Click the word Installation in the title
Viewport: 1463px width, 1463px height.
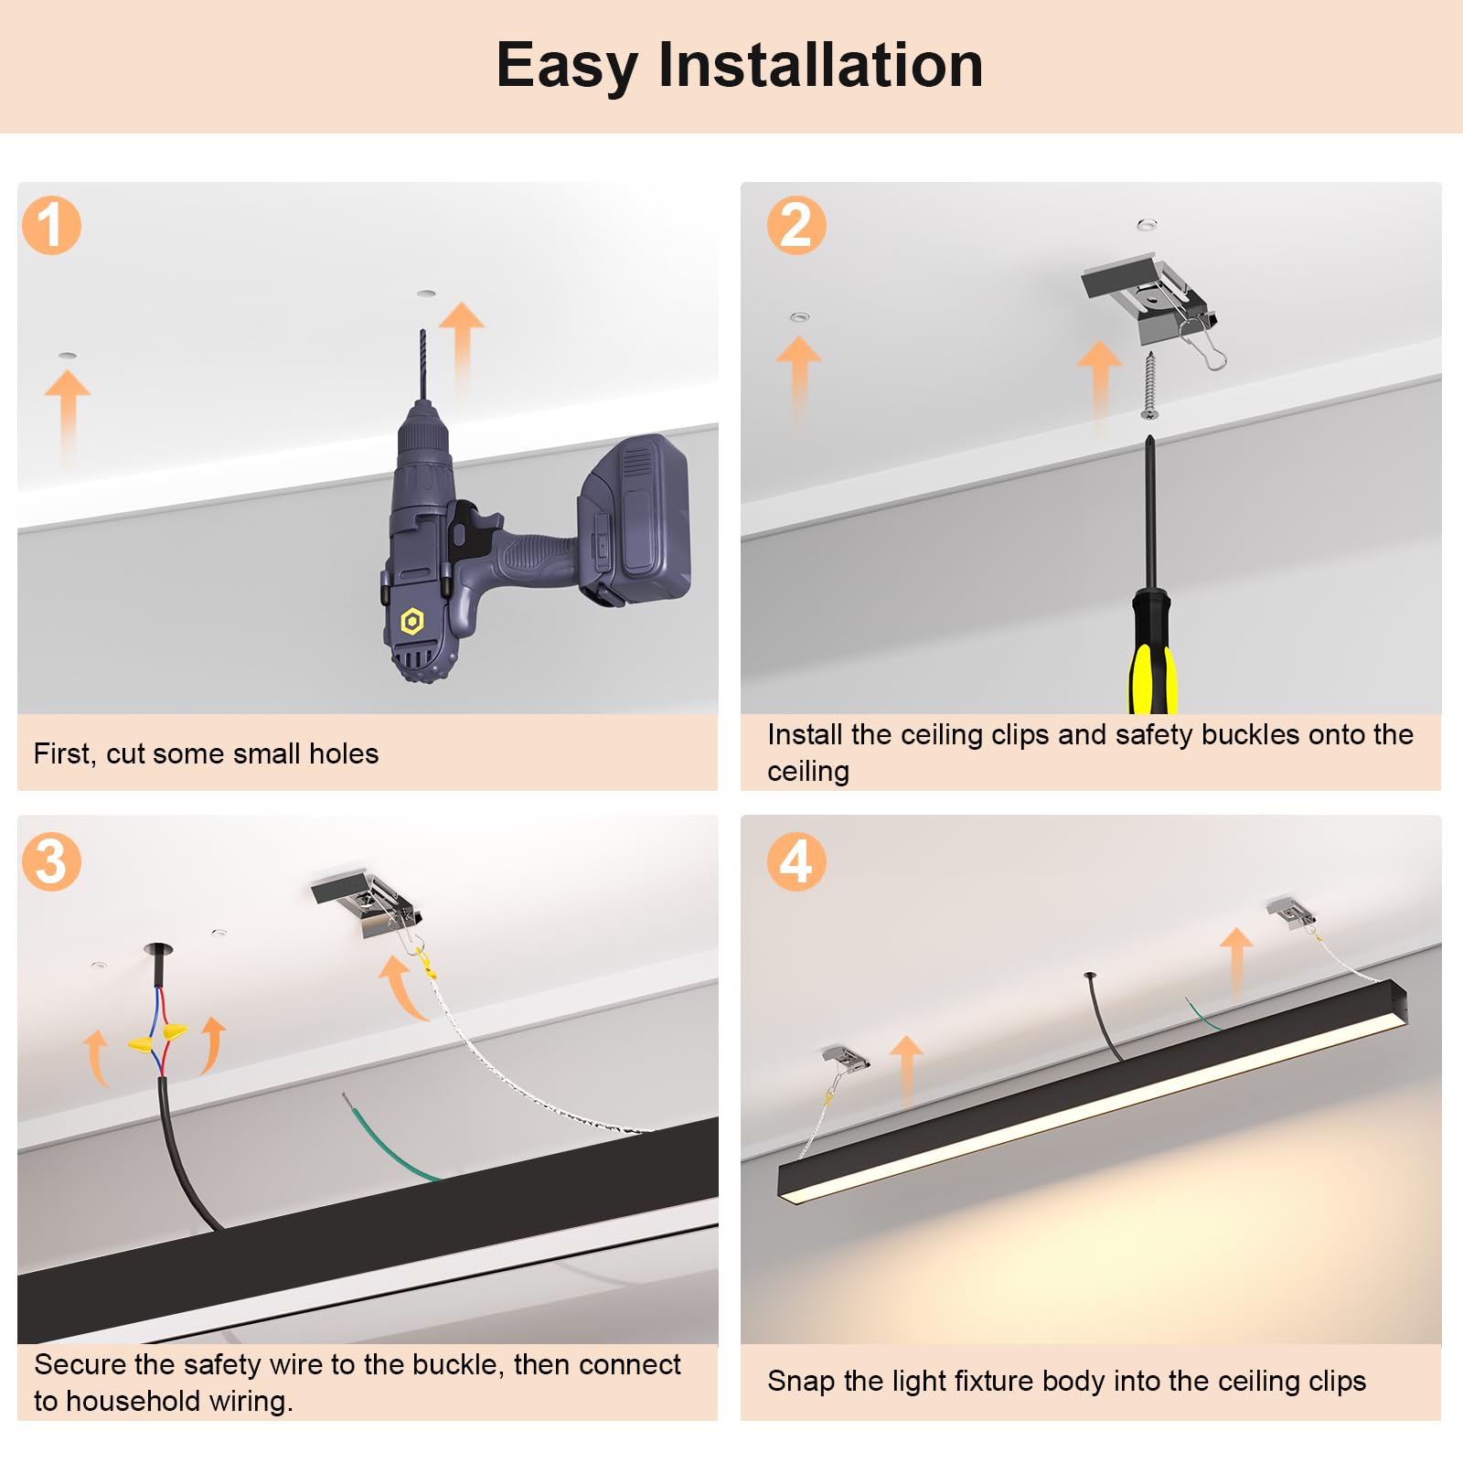(820, 65)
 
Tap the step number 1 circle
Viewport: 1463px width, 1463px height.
(52, 225)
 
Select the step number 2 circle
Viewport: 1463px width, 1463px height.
(796, 225)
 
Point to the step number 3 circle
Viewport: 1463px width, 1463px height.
(52, 861)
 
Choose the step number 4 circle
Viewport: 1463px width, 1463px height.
(796, 861)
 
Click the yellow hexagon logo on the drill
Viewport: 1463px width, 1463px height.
(412, 622)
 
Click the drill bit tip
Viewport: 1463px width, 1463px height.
(422, 335)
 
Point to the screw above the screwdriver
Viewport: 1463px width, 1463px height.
(1150, 384)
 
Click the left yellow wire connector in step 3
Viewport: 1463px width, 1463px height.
(141, 1043)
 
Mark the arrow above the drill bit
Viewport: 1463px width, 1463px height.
(462, 338)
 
